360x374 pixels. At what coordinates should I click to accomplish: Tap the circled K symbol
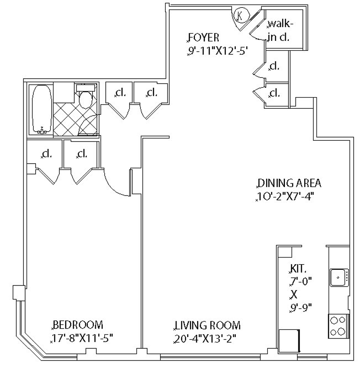coord(241,16)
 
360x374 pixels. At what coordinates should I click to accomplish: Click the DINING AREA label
coord(289,183)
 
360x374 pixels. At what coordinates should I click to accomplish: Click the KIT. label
coord(298,269)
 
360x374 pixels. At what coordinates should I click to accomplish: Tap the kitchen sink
coord(337,277)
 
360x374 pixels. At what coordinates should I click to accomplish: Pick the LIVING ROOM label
coord(207,325)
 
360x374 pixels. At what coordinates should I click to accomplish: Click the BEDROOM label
coord(78,325)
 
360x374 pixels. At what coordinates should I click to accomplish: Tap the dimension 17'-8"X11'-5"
coord(82,338)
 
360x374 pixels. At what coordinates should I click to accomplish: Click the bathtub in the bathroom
coord(41,109)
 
